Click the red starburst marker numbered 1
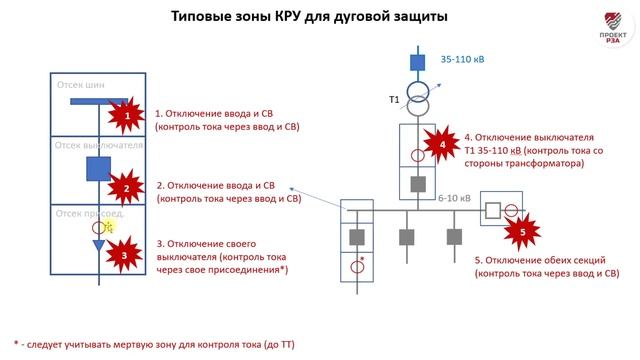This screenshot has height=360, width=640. tap(125, 118)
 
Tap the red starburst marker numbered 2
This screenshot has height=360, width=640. tap(125, 187)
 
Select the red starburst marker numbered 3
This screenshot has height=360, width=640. tap(121, 254)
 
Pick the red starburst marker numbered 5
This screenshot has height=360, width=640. tap(518, 232)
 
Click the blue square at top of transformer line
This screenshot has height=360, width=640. tap(418, 62)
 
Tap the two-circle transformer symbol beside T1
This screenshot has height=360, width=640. tap(418, 100)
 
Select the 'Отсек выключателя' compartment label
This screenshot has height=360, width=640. tap(100, 146)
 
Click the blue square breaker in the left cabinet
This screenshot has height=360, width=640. tap(98, 169)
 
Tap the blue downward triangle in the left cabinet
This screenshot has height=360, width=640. tap(98, 246)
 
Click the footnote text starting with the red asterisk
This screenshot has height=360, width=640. tap(154, 343)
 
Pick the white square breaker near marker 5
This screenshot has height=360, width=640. tap(491, 211)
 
